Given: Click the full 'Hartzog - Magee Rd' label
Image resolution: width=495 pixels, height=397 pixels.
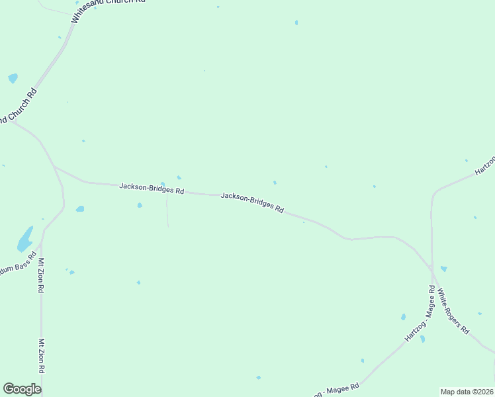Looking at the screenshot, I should [420, 314].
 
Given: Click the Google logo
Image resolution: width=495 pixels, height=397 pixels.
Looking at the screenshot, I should [22, 389].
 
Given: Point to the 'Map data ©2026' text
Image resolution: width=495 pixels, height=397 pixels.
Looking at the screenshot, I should [467, 392].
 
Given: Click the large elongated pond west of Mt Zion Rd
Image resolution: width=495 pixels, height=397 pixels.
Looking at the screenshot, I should [25, 239].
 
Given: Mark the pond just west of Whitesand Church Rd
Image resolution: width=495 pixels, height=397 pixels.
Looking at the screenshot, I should [13, 78].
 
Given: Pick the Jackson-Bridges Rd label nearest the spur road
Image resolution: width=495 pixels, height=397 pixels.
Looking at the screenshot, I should [152, 189].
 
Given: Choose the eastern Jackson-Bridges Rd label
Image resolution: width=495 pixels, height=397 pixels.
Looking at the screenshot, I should [252, 202].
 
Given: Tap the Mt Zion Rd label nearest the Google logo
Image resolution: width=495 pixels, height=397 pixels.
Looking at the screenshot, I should [41, 356].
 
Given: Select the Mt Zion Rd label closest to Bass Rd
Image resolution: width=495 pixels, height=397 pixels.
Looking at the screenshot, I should [41, 275].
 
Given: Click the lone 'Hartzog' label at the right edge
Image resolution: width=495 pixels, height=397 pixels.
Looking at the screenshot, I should [485, 165].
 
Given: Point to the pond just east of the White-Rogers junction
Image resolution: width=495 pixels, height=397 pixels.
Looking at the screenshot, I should [443, 269].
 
